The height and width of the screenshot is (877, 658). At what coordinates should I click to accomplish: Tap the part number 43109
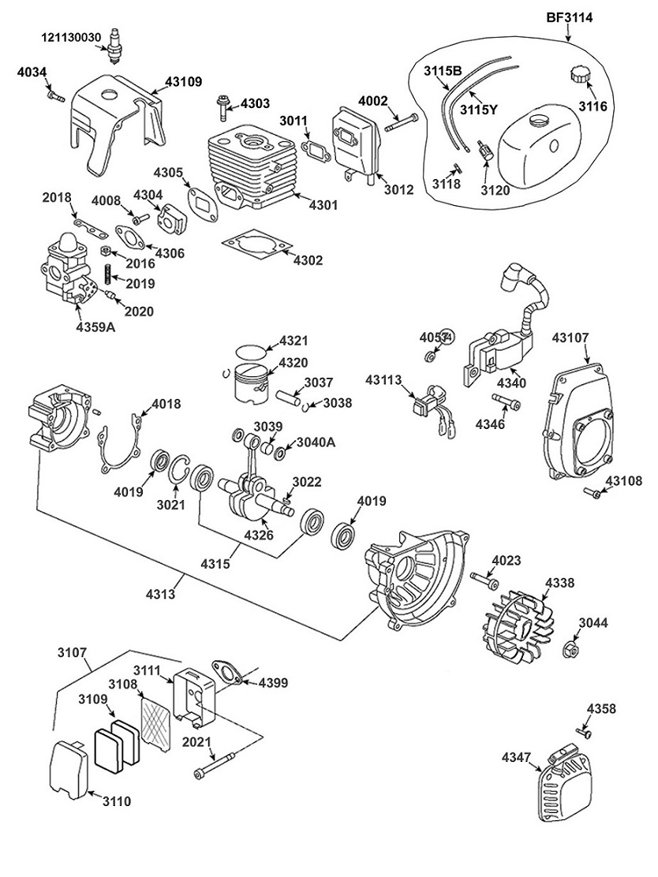coord(184,81)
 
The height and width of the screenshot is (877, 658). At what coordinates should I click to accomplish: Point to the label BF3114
coord(570,17)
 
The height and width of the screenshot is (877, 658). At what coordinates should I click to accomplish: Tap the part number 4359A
coord(95,327)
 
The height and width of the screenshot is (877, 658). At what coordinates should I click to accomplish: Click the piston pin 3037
coord(290,398)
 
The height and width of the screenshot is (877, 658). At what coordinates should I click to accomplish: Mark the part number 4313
coord(161,593)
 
